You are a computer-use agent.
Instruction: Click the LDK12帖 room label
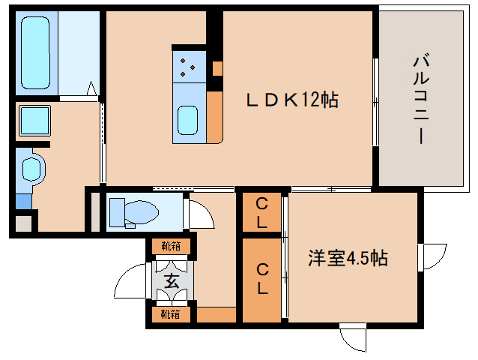pos(292,100)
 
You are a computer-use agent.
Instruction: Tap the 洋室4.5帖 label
pos(348,258)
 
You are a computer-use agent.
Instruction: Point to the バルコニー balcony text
pos(421,98)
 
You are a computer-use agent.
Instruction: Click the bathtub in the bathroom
pos(35,52)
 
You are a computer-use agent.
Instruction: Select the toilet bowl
pos(142,211)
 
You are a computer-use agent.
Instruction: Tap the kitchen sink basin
pos(187,120)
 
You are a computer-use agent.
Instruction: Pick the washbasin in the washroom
pos(31,169)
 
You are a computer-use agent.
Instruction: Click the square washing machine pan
pos(34,121)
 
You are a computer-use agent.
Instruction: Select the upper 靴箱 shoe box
pos(171,246)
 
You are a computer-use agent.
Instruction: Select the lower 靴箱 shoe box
pos(171,314)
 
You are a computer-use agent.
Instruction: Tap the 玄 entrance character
pos(172,280)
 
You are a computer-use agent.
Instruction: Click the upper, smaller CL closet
pos(261,212)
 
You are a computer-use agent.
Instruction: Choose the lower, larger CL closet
pos(261,280)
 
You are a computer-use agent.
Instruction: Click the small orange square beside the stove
pos(217,68)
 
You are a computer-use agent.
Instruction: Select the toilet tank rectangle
pos(117,212)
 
